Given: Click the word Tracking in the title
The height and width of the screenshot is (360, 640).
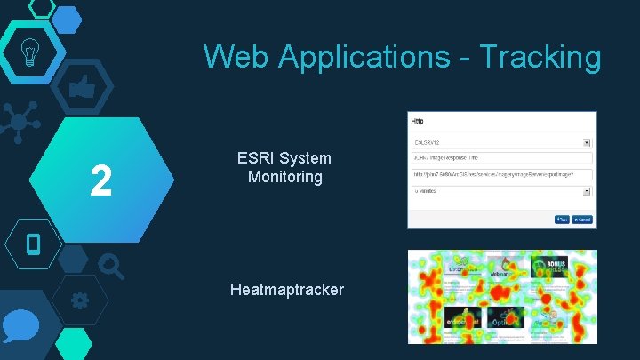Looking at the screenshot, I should pyautogui.click(x=540, y=57).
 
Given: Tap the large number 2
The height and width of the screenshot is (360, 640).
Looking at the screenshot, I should pyautogui.click(x=101, y=181).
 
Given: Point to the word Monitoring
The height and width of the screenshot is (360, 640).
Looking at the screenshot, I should pyautogui.click(x=284, y=177).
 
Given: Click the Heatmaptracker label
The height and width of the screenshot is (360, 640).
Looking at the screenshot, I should pyautogui.click(x=286, y=290).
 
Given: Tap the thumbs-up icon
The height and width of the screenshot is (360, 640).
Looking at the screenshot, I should pyautogui.click(x=82, y=88).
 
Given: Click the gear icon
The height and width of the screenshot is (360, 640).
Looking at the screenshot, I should pyautogui.click(x=79, y=300).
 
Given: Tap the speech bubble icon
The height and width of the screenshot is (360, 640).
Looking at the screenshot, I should pyautogui.click(x=20, y=327).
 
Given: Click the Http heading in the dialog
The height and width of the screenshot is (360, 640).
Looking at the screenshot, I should pyautogui.click(x=417, y=121).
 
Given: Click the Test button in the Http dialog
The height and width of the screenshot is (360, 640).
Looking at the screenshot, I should pyautogui.click(x=562, y=219).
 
